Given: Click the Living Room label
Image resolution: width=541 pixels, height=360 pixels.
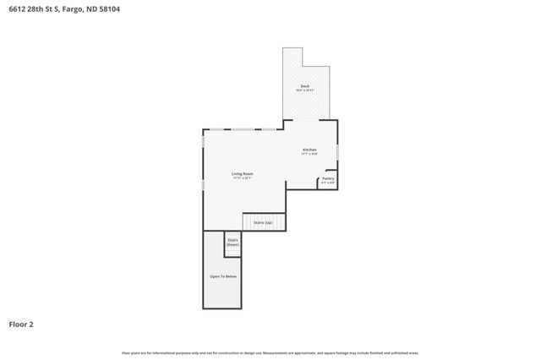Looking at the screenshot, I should (x=243, y=173).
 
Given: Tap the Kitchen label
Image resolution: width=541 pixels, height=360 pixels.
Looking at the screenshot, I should (x=309, y=150).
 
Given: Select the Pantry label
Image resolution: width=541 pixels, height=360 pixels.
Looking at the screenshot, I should (x=328, y=178).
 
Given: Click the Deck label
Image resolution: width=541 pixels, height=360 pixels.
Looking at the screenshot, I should (x=304, y=86).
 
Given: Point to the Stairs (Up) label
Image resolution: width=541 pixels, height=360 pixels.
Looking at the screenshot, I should (x=263, y=222).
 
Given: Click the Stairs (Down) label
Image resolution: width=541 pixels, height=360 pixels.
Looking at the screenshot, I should (x=232, y=242).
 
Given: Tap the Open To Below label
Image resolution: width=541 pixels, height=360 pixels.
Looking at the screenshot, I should (x=223, y=276).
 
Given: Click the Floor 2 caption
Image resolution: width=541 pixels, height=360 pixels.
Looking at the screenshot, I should (x=21, y=324).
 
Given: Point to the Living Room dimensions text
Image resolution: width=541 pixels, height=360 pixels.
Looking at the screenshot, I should (x=243, y=178).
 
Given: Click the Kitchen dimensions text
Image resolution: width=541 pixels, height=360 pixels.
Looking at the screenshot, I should (x=309, y=155).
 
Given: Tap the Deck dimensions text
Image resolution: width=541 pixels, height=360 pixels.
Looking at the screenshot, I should (x=304, y=90).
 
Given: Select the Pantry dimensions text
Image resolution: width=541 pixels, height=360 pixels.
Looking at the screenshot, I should (x=328, y=183).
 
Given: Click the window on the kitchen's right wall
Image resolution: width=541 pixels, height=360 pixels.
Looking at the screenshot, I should (x=338, y=151).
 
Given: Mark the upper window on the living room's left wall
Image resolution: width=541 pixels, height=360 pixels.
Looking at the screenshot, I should (x=203, y=141).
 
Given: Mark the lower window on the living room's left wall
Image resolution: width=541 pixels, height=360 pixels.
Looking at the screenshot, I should (x=203, y=184).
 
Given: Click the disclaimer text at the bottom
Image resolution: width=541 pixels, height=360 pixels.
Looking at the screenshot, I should (x=270, y=352).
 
